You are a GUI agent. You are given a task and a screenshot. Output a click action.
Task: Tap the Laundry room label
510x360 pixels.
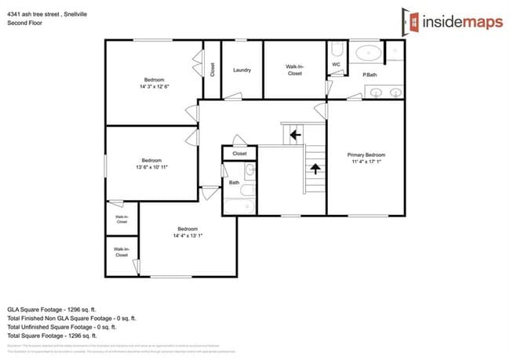click(242, 70)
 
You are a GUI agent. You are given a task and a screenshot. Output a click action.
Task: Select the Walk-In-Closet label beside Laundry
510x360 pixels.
click(294, 70)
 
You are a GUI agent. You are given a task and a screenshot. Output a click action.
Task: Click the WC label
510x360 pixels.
click(336, 64)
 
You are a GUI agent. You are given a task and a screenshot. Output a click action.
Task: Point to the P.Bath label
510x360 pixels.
click(370, 75)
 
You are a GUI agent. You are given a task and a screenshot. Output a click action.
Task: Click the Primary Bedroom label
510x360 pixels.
click(366, 155)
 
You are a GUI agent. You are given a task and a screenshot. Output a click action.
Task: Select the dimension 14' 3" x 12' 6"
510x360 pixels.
click(154, 86)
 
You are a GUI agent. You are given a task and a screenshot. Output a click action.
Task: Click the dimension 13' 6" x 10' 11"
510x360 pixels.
click(152, 167)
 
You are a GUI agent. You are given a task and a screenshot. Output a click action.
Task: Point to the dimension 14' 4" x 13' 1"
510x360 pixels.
click(188, 235)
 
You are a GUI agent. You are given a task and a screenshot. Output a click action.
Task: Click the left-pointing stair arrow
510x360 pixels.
click(294, 135)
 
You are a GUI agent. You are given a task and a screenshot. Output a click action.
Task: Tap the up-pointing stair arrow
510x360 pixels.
click(315, 167)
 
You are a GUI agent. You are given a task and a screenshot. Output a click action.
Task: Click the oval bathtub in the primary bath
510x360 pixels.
click(366, 53)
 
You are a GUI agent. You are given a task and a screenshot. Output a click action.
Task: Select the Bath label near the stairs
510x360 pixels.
click(234, 183)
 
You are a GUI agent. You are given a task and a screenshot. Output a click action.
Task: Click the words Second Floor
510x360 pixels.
click(24, 24)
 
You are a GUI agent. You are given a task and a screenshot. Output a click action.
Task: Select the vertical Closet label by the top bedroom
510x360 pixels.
click(212, 69)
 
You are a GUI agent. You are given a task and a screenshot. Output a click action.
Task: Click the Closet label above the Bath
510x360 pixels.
click(239, 154)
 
